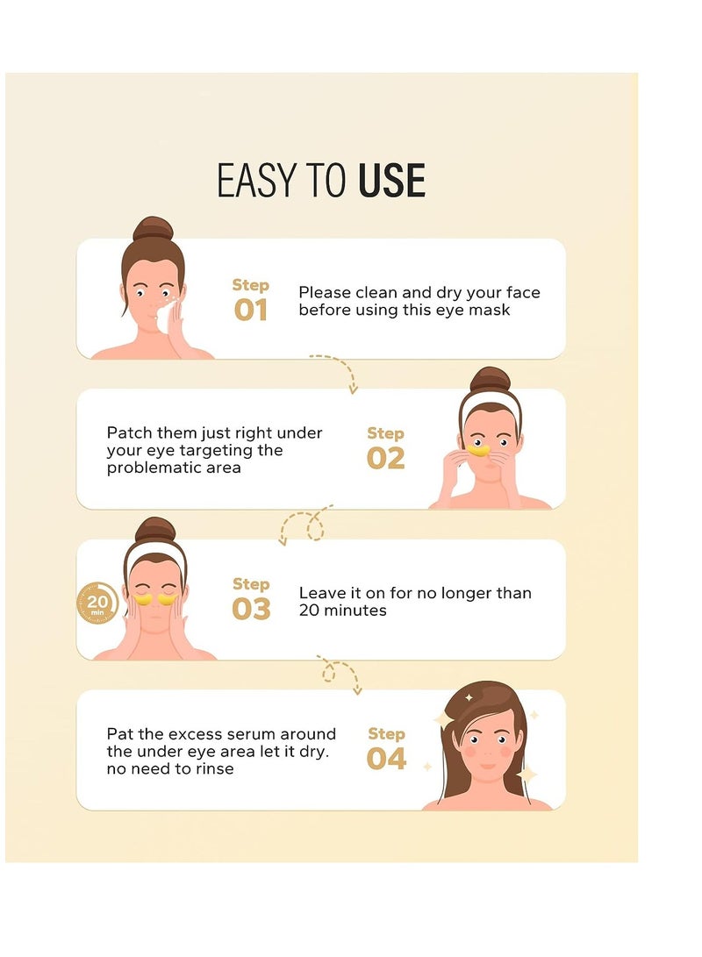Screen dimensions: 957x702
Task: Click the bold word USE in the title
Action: [x=391, y=181]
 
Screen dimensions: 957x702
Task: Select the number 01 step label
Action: [x=251, y=311]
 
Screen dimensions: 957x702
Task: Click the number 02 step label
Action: [x=386, y=458]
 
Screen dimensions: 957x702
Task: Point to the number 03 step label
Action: [x=251, y=609]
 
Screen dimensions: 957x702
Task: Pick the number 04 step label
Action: [x=386, y=759]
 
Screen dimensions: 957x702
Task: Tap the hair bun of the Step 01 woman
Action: [x=153, y=230]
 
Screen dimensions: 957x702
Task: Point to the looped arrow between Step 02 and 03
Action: [x=307, y=525]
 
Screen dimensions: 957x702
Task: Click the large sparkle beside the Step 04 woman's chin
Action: [x=526, y=774]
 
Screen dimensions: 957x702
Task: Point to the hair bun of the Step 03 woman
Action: [x=155, y=530]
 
